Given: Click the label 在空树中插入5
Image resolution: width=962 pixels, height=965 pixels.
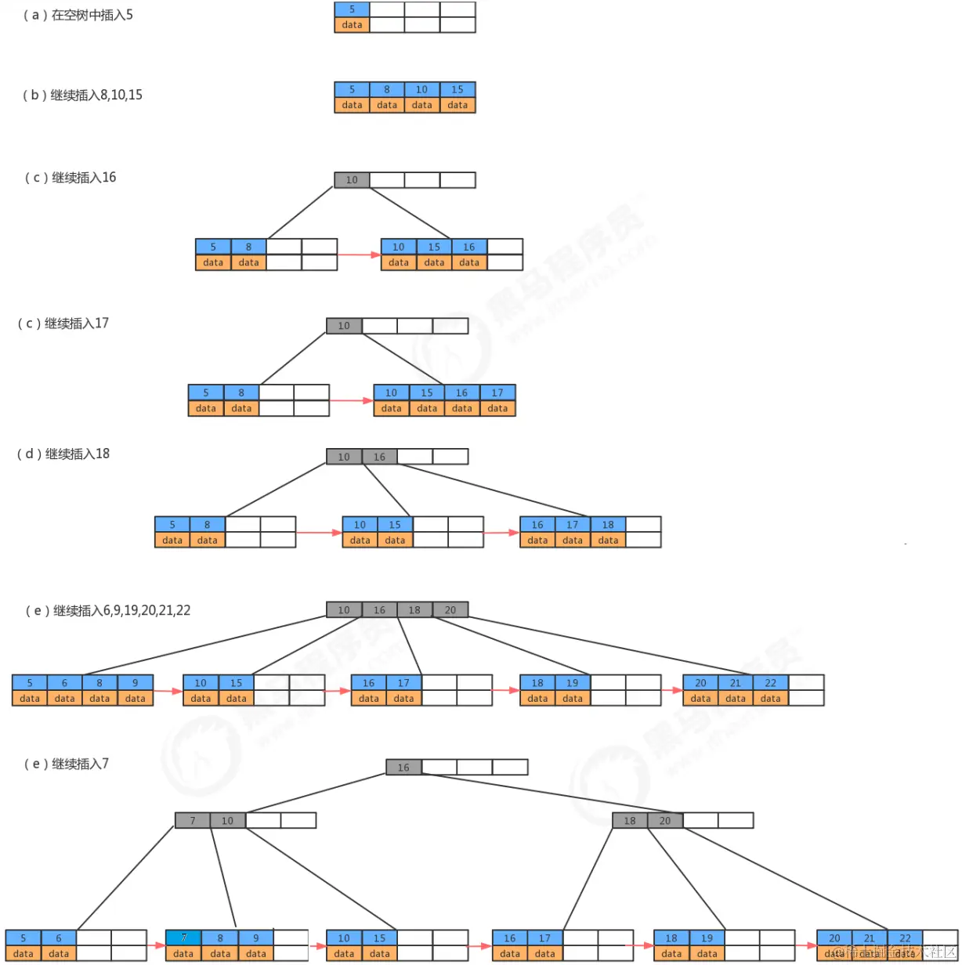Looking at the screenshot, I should coord(92,15).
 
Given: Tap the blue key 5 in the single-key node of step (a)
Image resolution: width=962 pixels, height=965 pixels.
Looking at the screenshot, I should coord(352,9).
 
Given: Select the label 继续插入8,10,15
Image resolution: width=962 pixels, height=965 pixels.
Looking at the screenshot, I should coord(96,95).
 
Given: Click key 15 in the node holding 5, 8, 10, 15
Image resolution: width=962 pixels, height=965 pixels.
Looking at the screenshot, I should coord(457,89).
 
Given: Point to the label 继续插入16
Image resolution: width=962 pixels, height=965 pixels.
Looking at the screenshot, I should coord(84,178).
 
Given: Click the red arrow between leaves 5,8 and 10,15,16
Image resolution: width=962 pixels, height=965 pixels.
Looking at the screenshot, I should coord(359,255).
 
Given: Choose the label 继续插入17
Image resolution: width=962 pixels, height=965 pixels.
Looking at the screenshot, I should coord(77,323).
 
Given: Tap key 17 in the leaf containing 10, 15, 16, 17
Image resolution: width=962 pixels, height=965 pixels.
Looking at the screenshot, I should coord(497,392).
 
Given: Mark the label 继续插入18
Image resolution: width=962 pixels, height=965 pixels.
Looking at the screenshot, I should coord(77,454).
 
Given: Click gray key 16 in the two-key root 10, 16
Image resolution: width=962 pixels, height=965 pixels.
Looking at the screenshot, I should coord(379,457).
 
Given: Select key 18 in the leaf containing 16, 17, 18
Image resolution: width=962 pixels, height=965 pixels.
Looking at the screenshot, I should coord(608,525).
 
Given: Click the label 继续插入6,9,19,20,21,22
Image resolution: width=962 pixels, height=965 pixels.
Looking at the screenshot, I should coord(121,611).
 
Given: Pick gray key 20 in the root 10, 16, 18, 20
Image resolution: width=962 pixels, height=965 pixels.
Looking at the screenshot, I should coord(450,610).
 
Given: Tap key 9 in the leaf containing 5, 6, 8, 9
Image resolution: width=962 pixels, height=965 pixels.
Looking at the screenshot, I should coord(135,683).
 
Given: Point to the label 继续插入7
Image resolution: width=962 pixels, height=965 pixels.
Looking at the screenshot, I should coord(80,764).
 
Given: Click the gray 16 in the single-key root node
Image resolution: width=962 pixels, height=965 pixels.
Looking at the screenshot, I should coord(403,768).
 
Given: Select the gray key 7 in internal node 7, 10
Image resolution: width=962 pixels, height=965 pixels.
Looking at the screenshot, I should coord(193,821).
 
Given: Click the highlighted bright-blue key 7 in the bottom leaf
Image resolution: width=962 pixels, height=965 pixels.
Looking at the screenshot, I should coord(183,938).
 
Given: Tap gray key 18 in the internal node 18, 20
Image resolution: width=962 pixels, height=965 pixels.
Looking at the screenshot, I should coord(630,821).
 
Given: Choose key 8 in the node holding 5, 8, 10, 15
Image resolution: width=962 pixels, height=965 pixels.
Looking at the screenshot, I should coord(387,89).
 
